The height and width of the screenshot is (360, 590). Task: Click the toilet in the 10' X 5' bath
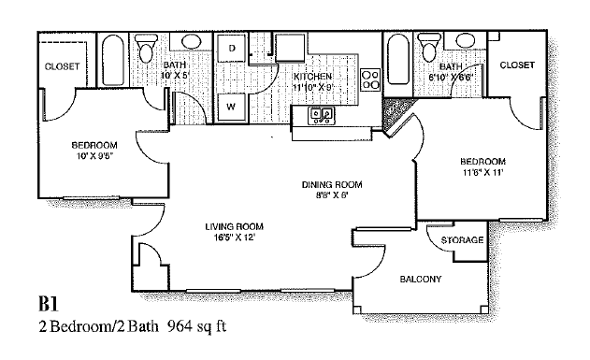pos(146,47)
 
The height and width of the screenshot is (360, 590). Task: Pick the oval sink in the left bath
pos(192,42)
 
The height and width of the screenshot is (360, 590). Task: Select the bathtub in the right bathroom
pos(396,62)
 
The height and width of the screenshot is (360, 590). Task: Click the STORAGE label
pos(462,240)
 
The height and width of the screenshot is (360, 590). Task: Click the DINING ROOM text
pos(331,184)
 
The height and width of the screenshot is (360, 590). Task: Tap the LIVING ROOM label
pos(234,226)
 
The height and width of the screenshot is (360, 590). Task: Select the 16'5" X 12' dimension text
pos(234,238)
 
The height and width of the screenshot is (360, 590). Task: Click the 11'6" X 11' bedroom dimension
pos(482,172)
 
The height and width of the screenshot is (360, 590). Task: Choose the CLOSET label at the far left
pos(63,66)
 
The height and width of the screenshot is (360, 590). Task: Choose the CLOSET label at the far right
pos(516,65)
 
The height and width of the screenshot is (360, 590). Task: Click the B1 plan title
pos(49,305)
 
